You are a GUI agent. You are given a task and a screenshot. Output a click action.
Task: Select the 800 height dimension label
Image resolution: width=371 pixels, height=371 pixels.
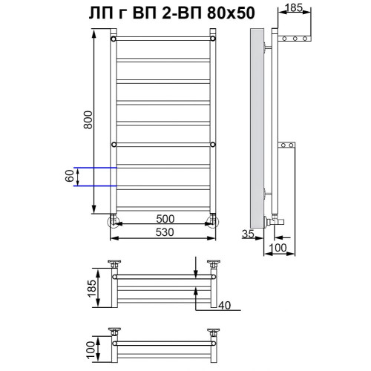point(89,119)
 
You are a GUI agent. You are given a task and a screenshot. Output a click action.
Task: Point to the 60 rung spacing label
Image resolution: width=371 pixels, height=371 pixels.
point(89,177)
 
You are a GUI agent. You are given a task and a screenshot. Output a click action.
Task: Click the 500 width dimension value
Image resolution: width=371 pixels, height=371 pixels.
point(164,220)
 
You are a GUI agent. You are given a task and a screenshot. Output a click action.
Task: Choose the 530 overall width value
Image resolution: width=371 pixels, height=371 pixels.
point(164,232)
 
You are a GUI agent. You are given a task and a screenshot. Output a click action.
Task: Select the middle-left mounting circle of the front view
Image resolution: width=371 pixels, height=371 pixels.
point(113,144)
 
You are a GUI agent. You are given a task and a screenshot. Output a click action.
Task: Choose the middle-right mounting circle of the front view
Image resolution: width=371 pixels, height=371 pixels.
point(213,144)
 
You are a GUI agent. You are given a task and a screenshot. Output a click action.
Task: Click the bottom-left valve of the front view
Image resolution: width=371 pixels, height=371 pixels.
point(113,220)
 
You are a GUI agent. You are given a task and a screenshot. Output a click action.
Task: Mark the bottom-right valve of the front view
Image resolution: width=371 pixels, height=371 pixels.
point(213,220)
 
